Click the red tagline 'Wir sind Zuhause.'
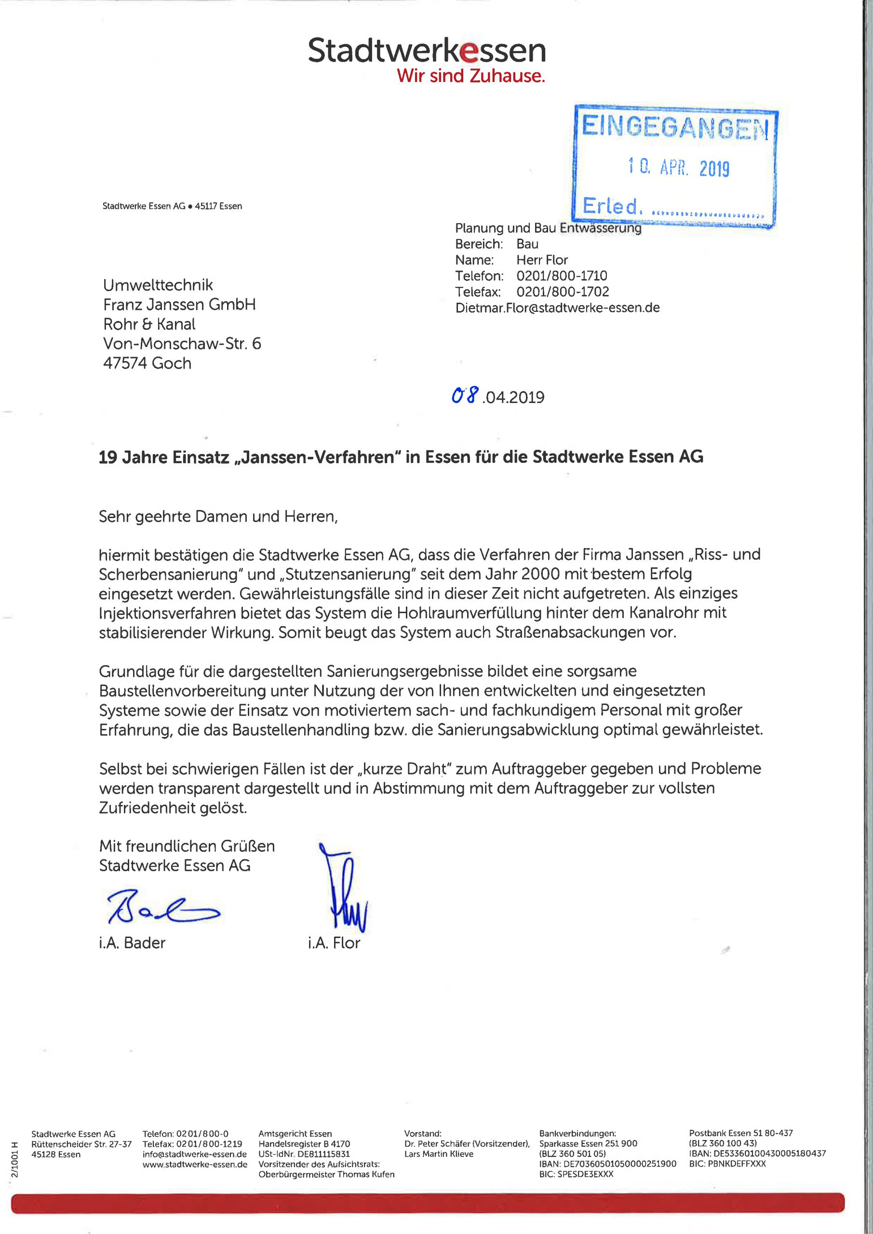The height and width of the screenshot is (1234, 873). click(x=471, y=76)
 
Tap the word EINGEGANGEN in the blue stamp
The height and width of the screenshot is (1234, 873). click(x=675, y=127)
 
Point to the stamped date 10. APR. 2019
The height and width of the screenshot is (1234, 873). click(x=679, y=168)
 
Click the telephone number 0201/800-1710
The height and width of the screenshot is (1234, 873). click(x=562, y=276)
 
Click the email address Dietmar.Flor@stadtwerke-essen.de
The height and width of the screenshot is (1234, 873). click(x=557, y=308)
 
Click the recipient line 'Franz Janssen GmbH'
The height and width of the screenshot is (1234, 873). click(x=179, y=305)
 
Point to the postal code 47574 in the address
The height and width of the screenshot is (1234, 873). click(x=125, y=363)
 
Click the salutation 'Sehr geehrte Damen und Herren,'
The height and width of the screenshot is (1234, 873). click(x=218, y=516)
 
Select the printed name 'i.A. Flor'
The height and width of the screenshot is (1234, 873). click(x=334, y=943)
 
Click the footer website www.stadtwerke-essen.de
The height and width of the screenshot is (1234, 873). click(x=195, y=1164)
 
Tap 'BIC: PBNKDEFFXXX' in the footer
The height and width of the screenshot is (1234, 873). click(x=727, y=1164)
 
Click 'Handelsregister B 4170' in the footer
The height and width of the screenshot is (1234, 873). click(x=304, y=1144)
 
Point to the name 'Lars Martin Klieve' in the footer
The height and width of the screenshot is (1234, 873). click(x=439, y=1154)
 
